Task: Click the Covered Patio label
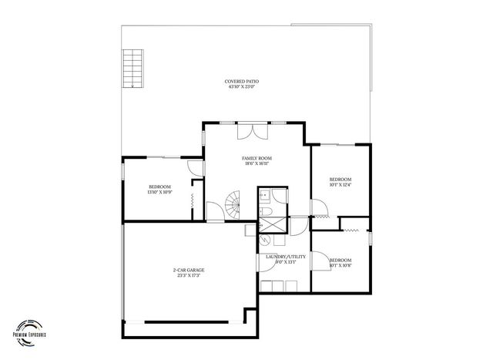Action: tap(241, 81)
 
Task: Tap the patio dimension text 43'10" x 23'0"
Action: tap(241, 86)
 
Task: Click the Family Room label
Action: tap(257, 158)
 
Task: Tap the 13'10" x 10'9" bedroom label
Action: tap(159, 187)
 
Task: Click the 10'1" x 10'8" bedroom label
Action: tap(340, 260)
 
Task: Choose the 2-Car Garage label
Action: tap(188, 270)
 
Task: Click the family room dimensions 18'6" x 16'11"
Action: tap(257, 163)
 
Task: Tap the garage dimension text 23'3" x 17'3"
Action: tap(188, 275)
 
